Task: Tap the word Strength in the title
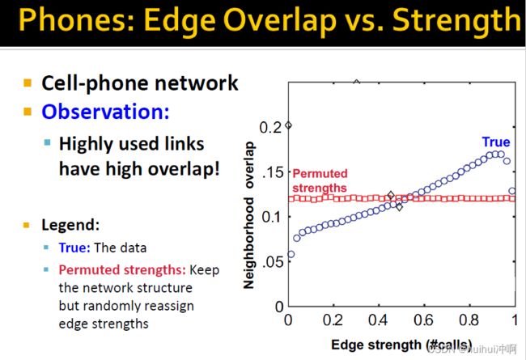[456, 21]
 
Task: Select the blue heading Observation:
[105, 112]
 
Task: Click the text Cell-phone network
[139, 83]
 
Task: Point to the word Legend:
[70, 225]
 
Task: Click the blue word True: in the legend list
[74, 248]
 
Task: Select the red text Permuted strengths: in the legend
[122, 269]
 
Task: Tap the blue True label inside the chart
[496, 142]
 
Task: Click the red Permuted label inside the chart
[320, 173]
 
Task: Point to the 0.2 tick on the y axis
[270, 128]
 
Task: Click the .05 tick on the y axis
[272, 261]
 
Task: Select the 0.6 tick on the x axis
[423, 320]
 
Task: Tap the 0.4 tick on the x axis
[378, 320]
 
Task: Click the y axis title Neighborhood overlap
[249, 214]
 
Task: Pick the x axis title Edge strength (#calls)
[401, 345]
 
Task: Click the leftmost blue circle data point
[291, 254]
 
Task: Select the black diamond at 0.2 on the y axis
[288, 125]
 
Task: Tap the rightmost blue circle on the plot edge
[512, 191]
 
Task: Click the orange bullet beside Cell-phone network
[28, 83]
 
